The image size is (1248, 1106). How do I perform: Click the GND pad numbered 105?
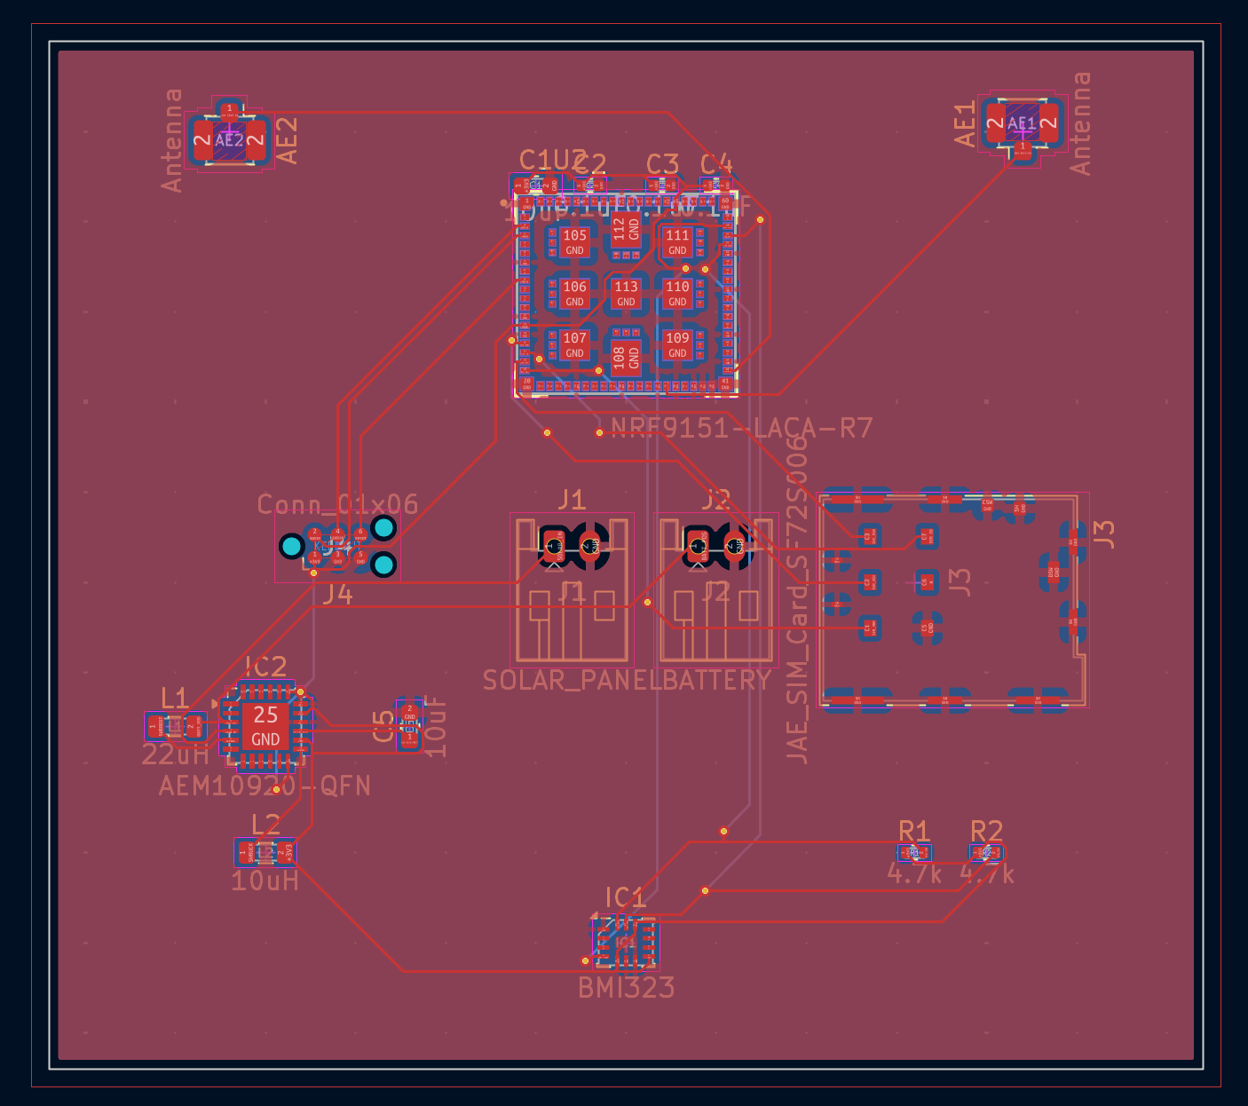point(574,241)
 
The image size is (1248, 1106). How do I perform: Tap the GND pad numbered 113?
point(626,293)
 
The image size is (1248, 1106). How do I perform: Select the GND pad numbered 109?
point(677,344)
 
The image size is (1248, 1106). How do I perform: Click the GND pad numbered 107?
point(574,344)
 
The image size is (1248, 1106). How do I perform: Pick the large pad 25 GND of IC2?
point(265,725)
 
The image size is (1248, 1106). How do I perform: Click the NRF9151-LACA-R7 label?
point(742,429)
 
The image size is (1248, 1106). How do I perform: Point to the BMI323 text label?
point(626,988)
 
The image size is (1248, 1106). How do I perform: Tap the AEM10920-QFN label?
point(265,786)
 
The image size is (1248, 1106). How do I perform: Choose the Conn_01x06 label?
point(337,504)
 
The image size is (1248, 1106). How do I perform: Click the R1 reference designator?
point(913,831)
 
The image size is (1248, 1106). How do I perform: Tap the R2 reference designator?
point(986,831)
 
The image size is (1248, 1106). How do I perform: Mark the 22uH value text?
point(175,755)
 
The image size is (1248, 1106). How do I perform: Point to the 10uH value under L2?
point(265,881)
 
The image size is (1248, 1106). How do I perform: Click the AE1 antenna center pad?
point(1023,123)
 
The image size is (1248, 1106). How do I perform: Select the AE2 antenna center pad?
point(229,139)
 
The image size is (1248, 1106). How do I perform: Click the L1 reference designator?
point(174,699)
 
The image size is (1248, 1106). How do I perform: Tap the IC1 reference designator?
point(625,897)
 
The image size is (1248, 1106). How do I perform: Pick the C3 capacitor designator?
point(662,164)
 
